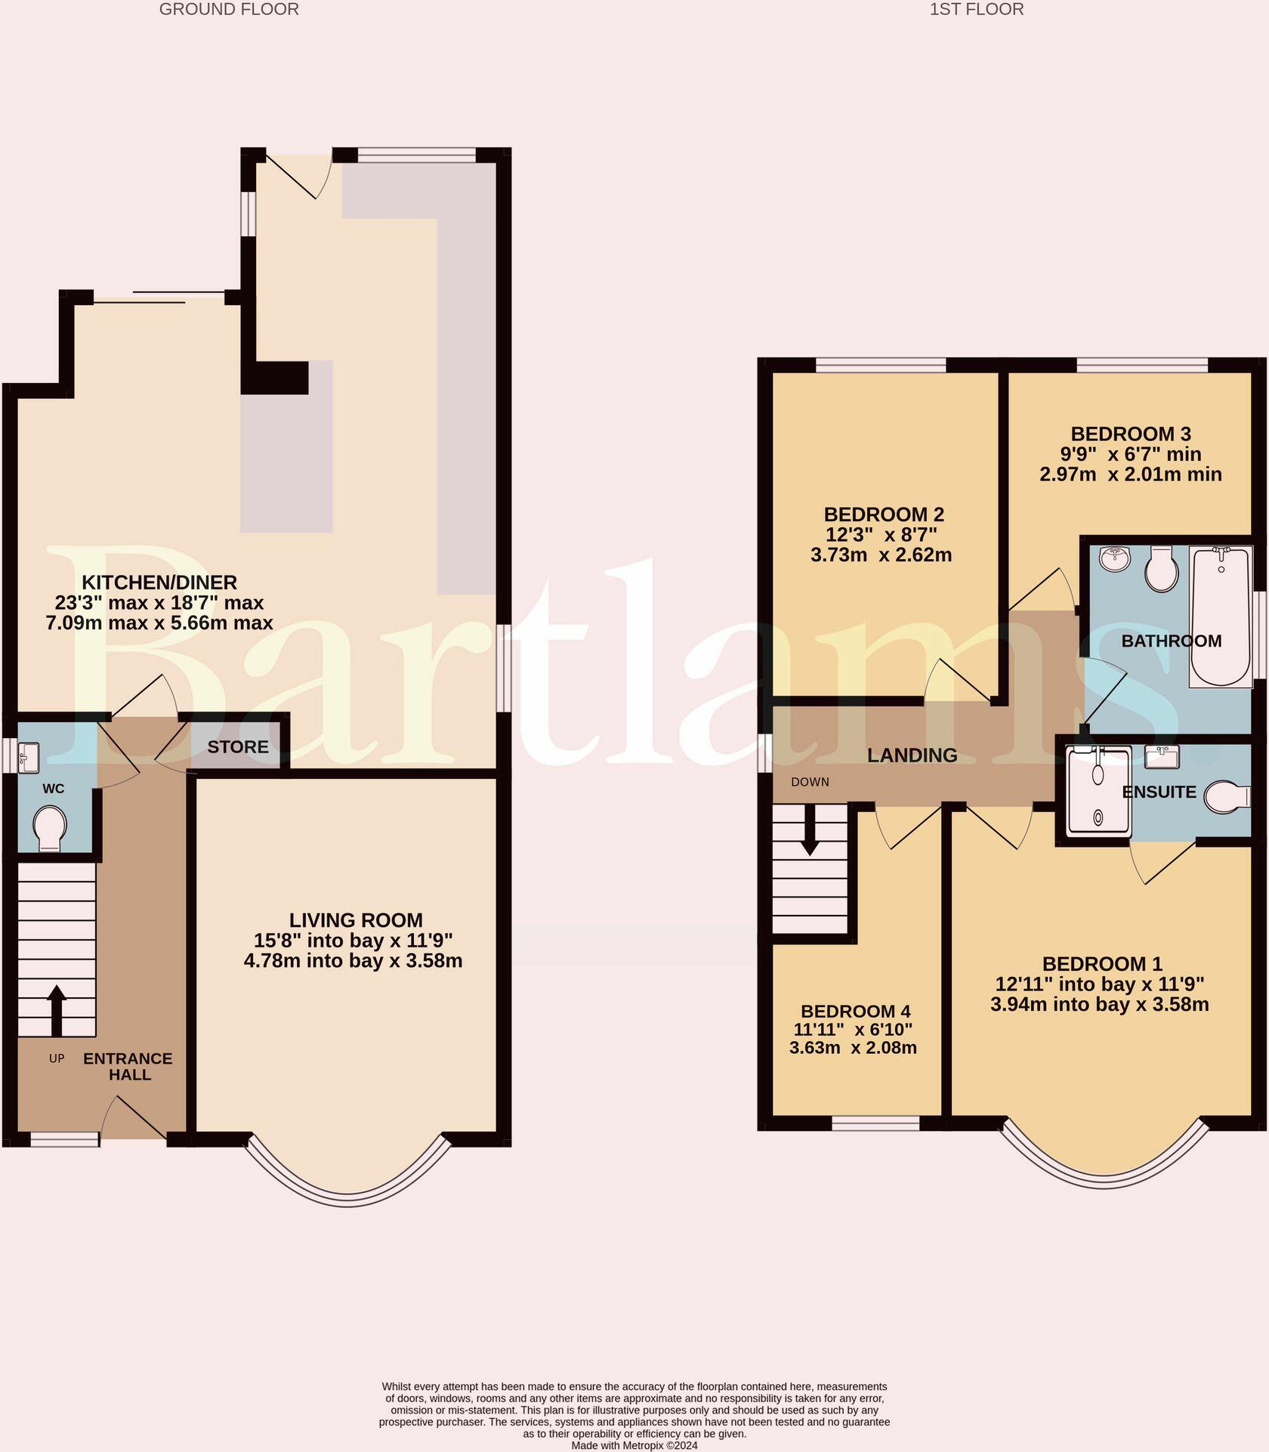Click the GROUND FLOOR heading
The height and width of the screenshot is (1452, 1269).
229,10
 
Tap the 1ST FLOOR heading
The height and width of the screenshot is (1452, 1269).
977,10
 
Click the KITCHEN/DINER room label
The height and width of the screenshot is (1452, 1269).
159,582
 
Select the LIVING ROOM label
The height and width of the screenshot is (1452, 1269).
356,920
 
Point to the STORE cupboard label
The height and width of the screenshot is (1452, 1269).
238,747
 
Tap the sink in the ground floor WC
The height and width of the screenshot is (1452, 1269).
29,757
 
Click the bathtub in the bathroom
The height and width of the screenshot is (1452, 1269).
1220,616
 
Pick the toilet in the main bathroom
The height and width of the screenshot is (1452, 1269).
1162,569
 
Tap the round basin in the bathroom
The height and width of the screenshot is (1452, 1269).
1115,559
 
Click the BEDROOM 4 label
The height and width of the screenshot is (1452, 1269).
855,1012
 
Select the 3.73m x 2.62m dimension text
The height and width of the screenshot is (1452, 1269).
881,555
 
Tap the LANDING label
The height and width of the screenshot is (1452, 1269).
912,755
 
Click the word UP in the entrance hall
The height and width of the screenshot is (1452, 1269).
57,1058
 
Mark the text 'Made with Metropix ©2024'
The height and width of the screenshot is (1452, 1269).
634,1445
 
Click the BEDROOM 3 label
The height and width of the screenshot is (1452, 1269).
1131,434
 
